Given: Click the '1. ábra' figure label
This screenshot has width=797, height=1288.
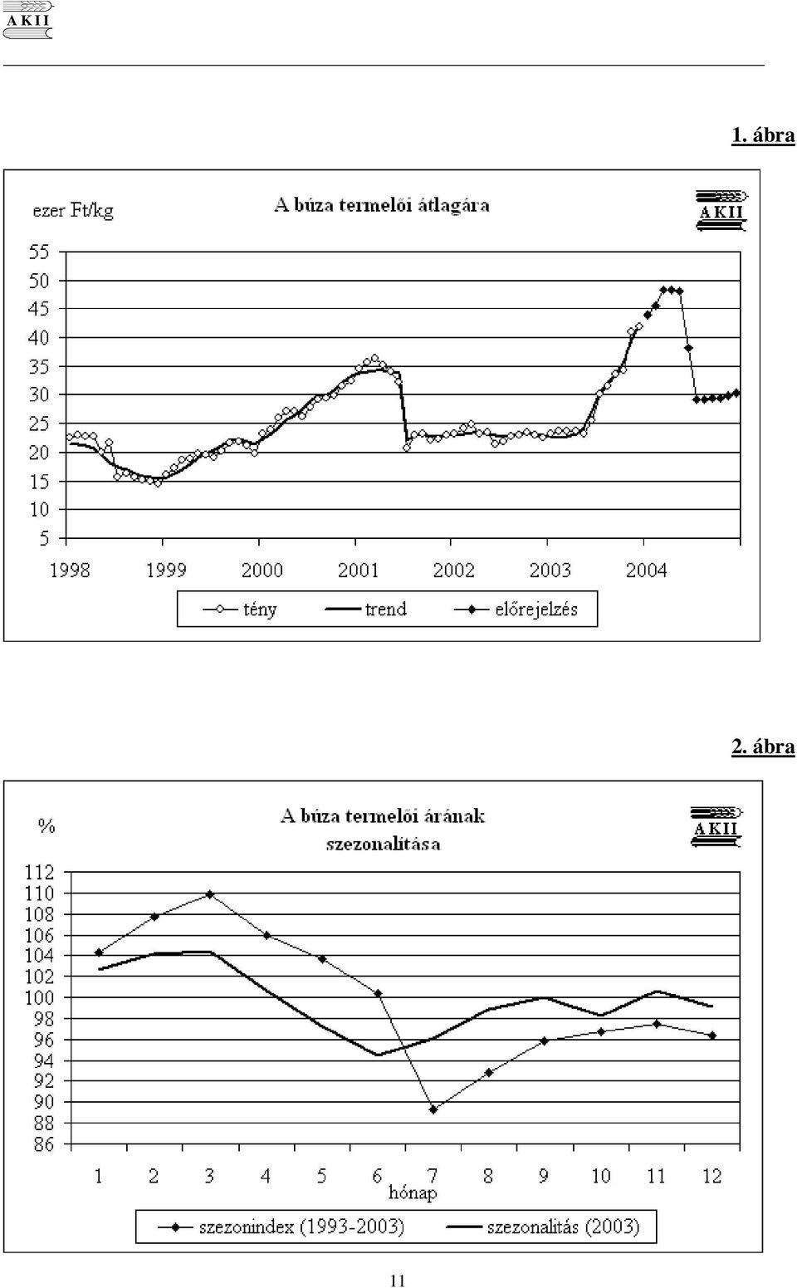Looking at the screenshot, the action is [763, 135].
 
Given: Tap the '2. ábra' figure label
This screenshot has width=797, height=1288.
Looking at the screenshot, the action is [763, 747].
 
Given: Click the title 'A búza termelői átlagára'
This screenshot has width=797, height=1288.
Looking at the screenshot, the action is [382, 205].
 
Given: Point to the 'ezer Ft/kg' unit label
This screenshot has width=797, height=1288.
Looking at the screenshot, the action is [73, 211].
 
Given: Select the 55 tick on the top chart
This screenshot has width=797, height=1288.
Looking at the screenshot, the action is [39, 252].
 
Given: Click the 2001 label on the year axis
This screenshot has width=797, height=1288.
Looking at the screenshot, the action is [358, 571].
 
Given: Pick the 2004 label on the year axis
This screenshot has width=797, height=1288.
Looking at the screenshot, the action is [647, 571].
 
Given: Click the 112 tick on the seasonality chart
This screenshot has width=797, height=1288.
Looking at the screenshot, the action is [39, 872].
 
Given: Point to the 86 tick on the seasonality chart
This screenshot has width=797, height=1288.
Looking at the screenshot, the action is [43, 1145].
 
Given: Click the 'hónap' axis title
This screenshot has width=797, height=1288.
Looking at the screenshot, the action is [413, 1193].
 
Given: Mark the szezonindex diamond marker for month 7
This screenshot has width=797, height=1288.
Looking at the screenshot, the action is [433, 1109].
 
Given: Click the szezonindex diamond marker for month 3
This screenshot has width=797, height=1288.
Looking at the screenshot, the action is [209, 894].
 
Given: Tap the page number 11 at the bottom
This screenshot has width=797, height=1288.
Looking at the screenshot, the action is [398, 1281].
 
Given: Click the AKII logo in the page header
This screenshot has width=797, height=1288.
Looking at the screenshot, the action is [28, 21].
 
